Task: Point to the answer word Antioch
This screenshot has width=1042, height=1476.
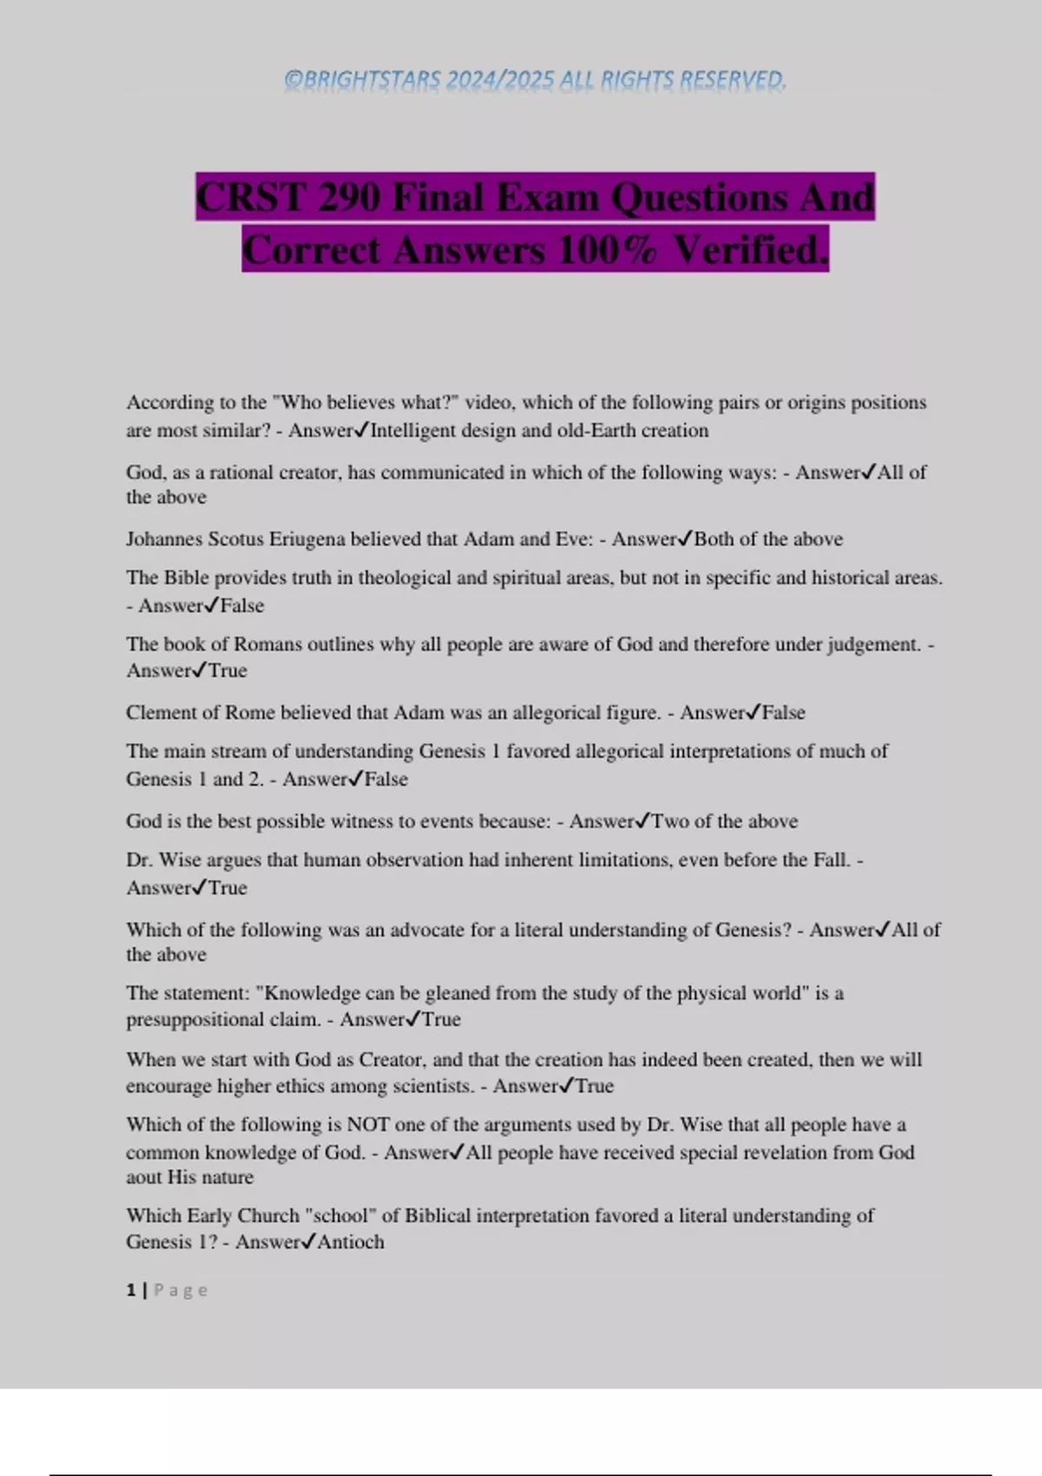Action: point(351,1242)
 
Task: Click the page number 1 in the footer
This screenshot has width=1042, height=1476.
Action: point(131,1290)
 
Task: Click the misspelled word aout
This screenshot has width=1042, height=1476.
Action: point(143,1177)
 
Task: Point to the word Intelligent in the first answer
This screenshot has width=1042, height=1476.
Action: point(413,431)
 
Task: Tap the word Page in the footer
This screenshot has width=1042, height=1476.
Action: point(181,1290)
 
